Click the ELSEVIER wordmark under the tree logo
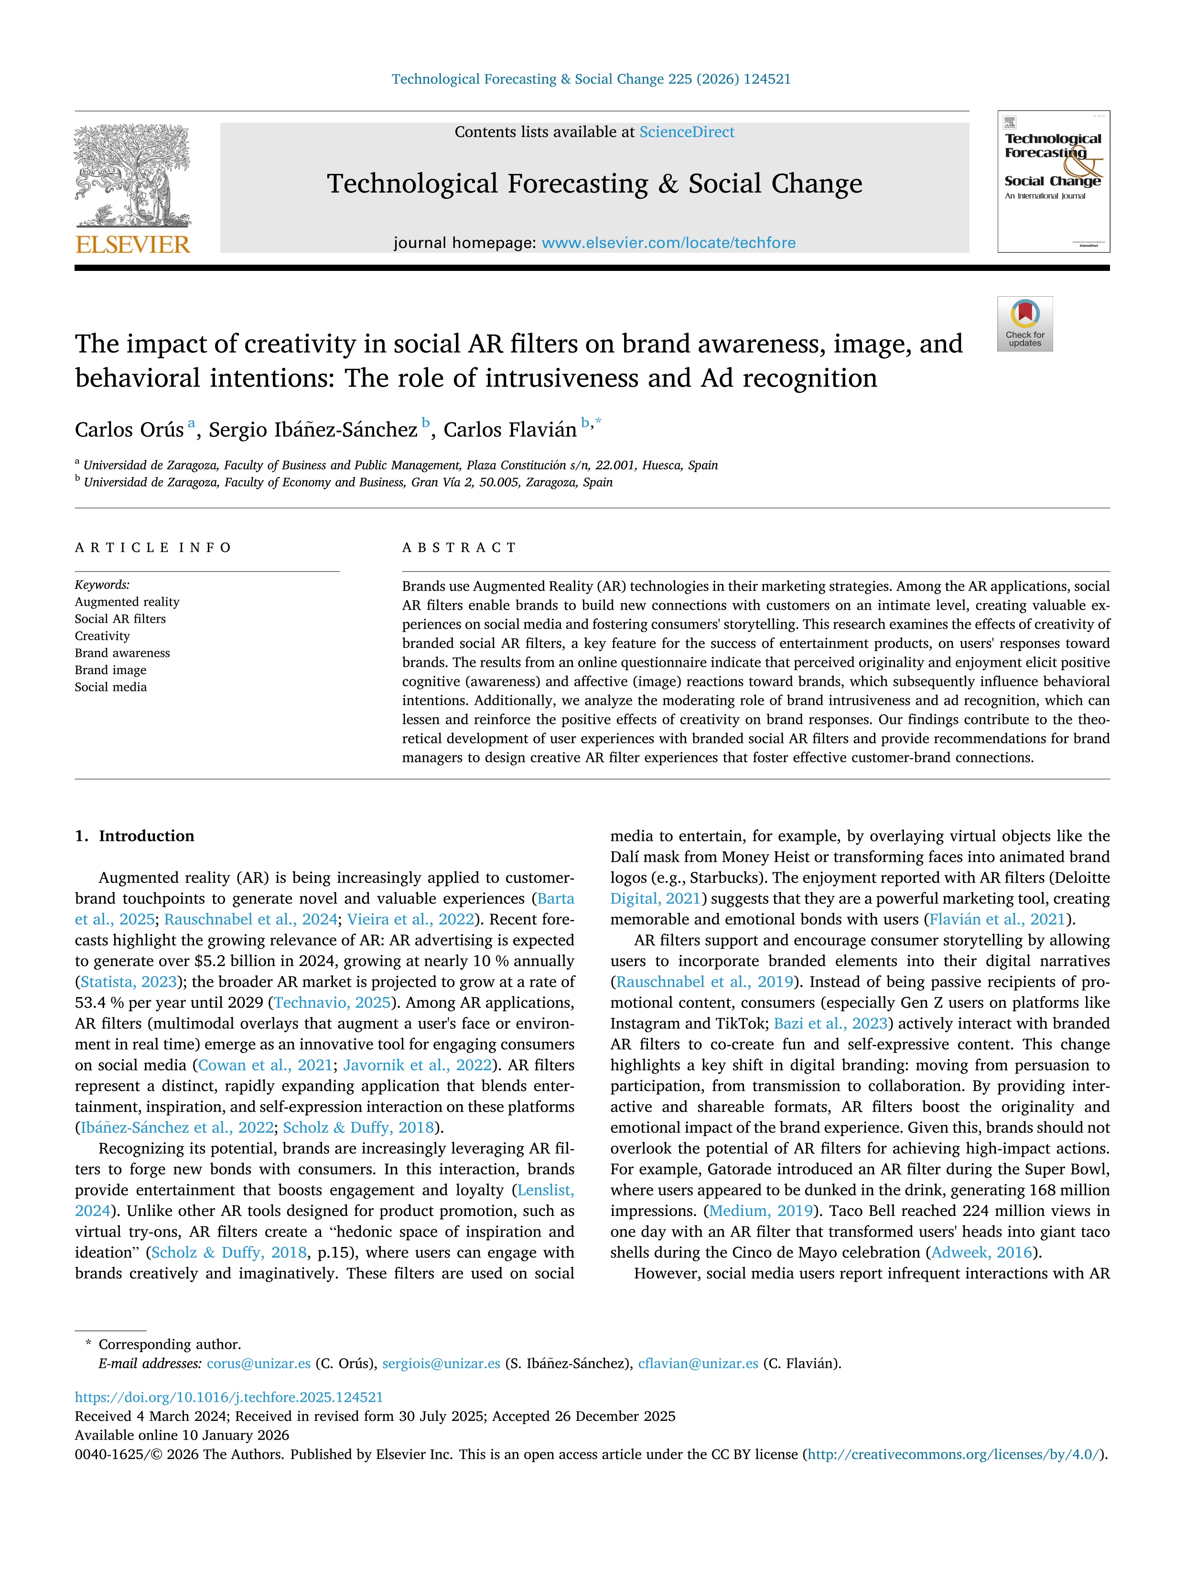click(x=133, y=245)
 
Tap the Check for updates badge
click(x=1024, y=323)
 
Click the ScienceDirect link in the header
click(x=687, y=132)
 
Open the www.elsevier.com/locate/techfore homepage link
click(x=668, y=243)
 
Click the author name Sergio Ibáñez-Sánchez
click(x=313, y=430)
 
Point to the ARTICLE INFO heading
click(x=153, y=548)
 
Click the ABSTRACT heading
click(x=459, y=548)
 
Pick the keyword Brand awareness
click(x=122, y=653)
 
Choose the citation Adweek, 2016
click(x=982, y=1252)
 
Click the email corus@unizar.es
click(x=259, y=1363)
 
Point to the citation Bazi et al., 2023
click(x=830, y=1023)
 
